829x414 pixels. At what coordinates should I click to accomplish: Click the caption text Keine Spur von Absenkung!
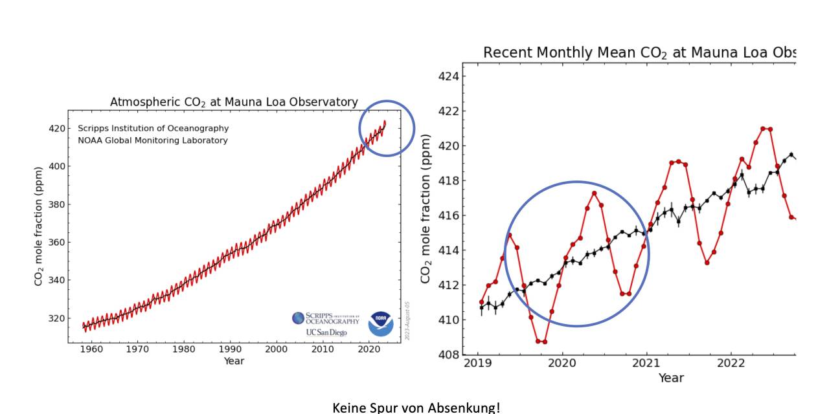click(x=416, y=408)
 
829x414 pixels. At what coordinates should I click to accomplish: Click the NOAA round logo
click(x=381, y=323)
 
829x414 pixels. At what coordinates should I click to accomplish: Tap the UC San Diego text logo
click(x=326, y=332)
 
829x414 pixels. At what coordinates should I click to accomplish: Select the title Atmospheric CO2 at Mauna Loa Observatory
click(x=234, y=102)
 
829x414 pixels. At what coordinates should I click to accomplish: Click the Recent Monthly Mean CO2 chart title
click(x=639, y=52)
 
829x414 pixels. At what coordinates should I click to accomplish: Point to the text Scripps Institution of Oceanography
click(x=153, y=128)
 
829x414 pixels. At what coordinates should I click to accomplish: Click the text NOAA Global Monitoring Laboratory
click(x=153, y=140)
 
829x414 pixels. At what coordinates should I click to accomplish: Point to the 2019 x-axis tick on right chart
click(x=477, y=362)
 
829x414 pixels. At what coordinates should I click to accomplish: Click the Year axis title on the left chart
click(x=234, y=361)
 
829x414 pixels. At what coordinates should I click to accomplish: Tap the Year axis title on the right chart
click(x=671, y=378)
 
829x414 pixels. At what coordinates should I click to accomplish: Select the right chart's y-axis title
click(x=426, y=208)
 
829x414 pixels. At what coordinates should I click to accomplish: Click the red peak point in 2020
click(x=594, y=193)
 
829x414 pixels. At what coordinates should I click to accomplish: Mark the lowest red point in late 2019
click(x=538, y=341)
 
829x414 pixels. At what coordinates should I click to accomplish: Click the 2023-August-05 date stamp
click(x=408, y=320)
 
